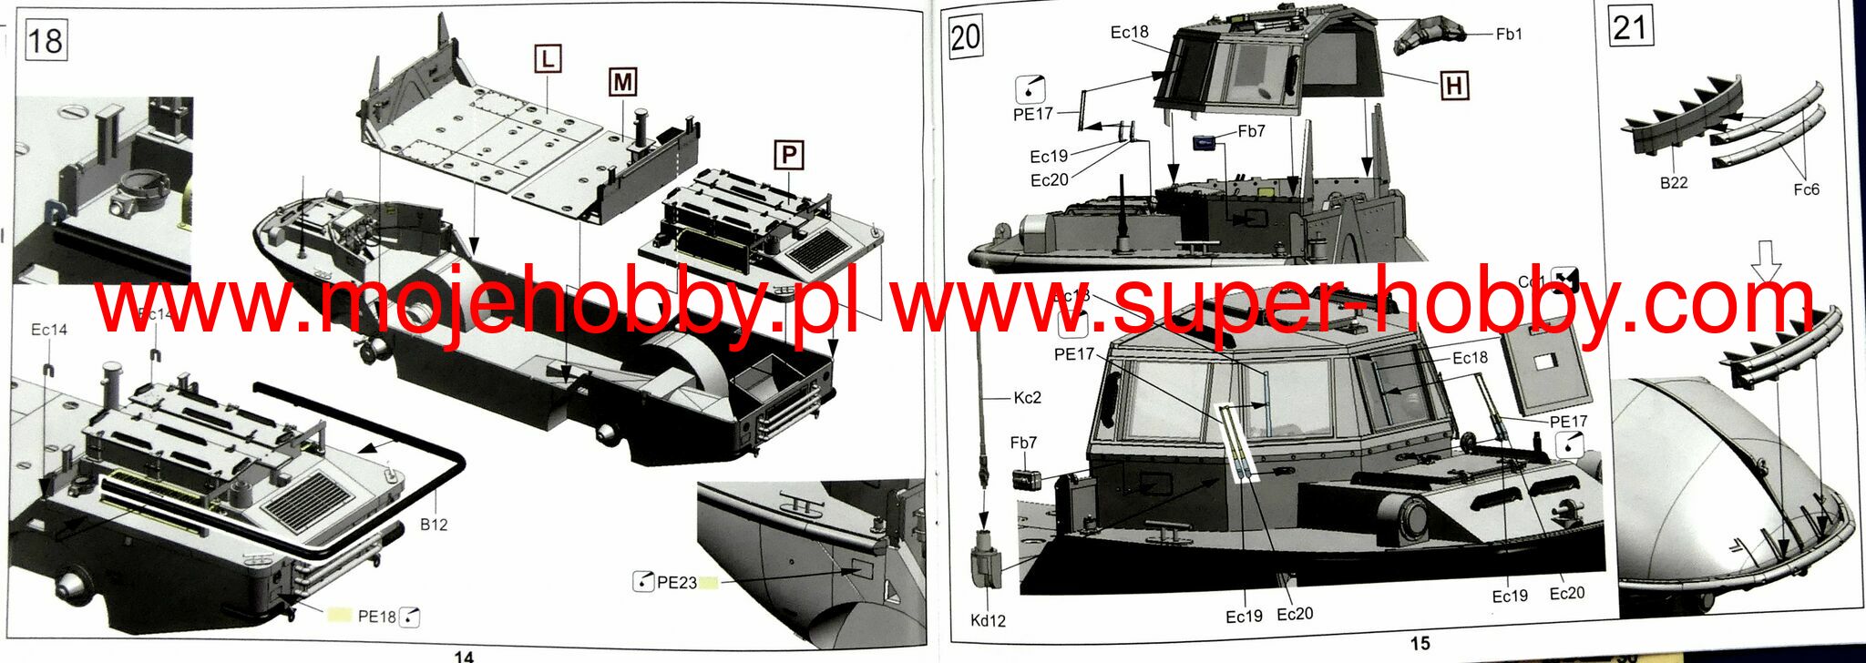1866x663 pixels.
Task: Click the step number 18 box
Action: tap(45, 41)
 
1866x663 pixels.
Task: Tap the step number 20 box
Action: tap(966, 38)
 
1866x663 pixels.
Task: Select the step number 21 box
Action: tap(1630, 26)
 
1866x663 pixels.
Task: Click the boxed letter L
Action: tap(547, 59)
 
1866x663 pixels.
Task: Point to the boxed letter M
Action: tap(622, 82)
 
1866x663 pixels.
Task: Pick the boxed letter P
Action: tap(788, 155)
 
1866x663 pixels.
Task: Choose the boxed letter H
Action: tap(1454, 86)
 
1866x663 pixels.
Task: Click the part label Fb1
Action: tap(1509, 34)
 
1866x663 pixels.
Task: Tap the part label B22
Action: tap(1674, 182)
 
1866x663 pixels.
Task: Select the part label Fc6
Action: tap(1806, 189)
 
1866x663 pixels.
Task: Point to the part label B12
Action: tap(434, 525)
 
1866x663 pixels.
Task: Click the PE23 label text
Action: tap(677, 583)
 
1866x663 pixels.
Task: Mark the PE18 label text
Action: tap(376, 617)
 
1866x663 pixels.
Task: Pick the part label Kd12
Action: tap(988, 621)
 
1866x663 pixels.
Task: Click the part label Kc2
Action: tap(1027, 398)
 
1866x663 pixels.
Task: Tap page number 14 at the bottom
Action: tap(464, 656)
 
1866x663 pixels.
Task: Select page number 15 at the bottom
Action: tap(1420, 644)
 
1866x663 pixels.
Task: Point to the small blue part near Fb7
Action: tap(1206, 143)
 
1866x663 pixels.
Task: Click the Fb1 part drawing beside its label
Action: tap(1427, 36)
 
